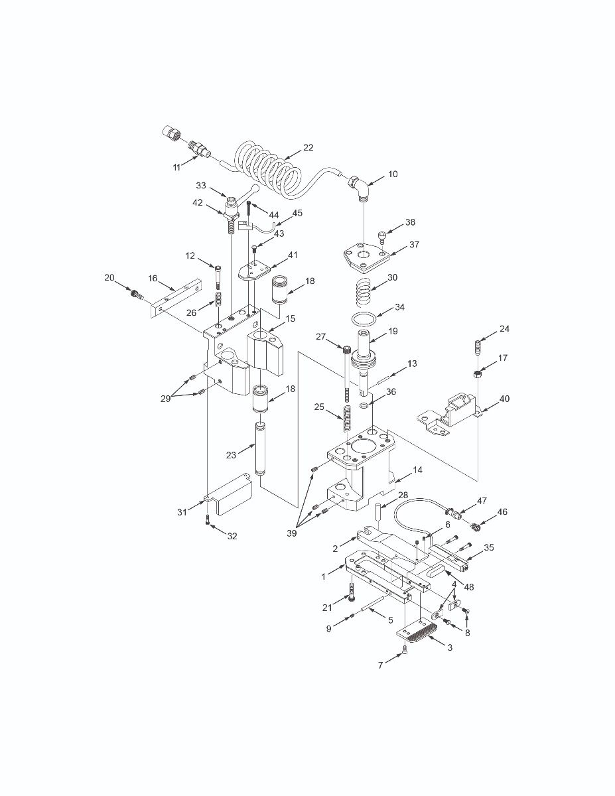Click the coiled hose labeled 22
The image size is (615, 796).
(265, 170)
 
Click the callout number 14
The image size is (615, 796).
(417, 470)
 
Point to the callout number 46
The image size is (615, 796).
(502, 512)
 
